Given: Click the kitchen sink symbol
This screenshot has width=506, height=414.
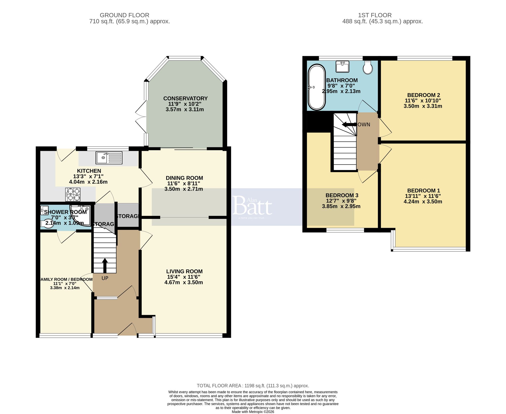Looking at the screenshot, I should (109, 158).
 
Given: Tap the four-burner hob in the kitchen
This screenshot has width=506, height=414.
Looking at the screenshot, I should (73, 194).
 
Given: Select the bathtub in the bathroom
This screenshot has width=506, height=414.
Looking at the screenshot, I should (317, 87).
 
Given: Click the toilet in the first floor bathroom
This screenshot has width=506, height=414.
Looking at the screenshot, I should (368, 67).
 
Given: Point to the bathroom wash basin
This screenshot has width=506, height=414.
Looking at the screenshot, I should (343, 66).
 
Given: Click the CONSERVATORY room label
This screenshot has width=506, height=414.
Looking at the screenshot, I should (185, 98).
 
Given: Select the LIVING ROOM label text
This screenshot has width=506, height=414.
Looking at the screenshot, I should (184, 272).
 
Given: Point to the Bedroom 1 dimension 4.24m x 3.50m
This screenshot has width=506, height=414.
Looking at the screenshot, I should (423, 202).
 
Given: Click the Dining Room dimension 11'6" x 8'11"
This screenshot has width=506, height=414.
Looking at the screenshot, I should (184, 183).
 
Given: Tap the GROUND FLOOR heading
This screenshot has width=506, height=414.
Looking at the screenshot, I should (124, 15).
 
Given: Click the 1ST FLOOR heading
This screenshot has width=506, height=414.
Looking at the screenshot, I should (375, 15).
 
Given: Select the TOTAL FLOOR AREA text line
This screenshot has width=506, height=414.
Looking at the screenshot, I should (253, 386).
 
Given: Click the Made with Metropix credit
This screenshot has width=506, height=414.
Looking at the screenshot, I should (253, 412).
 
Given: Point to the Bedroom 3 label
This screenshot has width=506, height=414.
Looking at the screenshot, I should (342, 195).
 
